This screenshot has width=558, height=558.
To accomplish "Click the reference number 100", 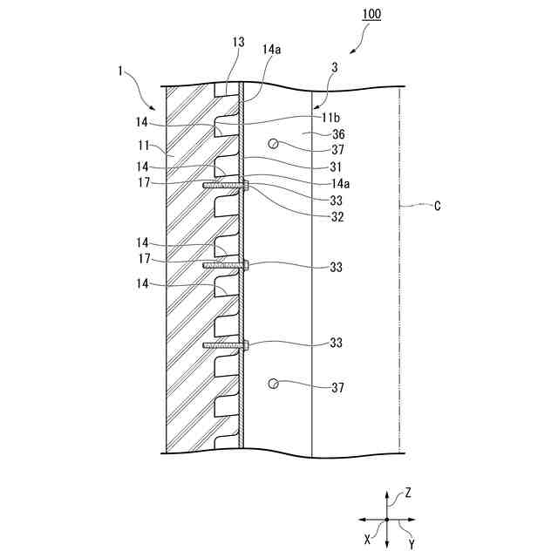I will click(369, 15).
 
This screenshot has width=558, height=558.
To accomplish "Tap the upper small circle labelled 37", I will click(275, 145).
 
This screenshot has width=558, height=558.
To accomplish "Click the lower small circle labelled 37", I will click(274, 384).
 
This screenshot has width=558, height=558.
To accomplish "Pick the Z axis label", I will click(407, 493).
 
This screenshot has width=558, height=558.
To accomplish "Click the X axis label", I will click(367, 540).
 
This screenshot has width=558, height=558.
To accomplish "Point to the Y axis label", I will click(411, 544).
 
